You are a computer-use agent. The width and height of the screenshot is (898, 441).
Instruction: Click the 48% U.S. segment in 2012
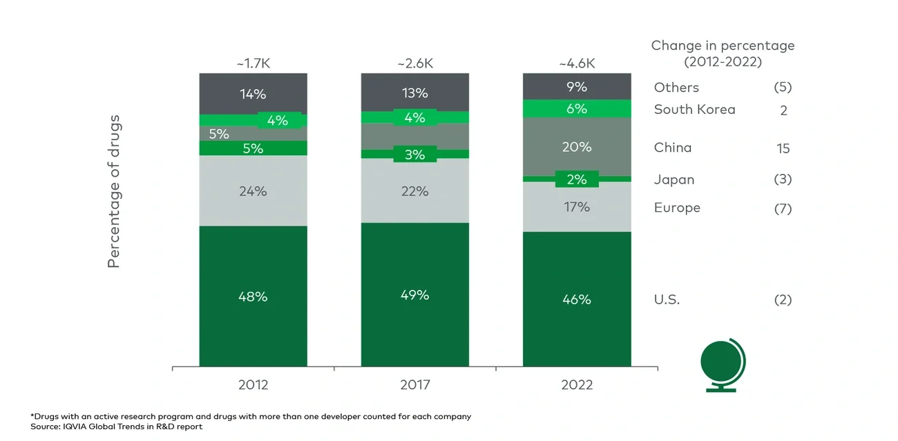pos(253,296)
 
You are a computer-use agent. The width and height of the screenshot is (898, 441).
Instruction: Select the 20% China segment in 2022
pos(576,147)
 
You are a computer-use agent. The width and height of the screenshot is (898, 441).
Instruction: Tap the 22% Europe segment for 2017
pos(414,191)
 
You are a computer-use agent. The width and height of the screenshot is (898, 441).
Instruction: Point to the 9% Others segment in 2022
pos(576,87)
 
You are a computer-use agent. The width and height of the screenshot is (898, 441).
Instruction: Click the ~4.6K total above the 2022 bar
pos(576,63)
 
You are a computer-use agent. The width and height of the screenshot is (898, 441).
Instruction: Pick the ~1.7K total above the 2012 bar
pos(253,63)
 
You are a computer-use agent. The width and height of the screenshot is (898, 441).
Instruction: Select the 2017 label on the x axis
pos(414,385)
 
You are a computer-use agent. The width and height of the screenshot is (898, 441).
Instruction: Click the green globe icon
pos(722,362)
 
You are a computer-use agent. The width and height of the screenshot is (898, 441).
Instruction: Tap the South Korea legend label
pos(694,109)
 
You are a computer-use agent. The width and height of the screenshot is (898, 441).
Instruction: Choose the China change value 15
pos(783,148)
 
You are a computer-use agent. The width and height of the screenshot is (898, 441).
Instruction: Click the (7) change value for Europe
pos(783,208)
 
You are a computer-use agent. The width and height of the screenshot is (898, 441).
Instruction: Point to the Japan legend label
pos(673,179)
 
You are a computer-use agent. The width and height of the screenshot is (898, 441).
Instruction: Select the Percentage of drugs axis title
pos(114,192)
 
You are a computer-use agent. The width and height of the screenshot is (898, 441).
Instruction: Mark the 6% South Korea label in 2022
pos(576,108)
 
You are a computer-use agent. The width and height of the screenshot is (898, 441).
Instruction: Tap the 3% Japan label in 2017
pos(414,155)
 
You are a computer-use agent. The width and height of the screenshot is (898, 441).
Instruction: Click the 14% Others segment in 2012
pos(253,94)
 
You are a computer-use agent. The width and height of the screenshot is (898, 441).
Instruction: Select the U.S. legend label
pos(667,300)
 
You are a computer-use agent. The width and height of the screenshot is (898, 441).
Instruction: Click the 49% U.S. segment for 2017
pos(414,295)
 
